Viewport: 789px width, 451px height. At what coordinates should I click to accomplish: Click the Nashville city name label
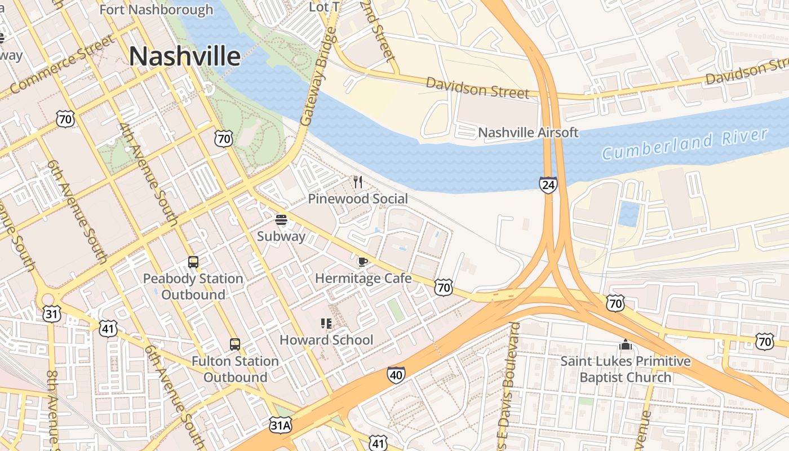[x=185, y=56]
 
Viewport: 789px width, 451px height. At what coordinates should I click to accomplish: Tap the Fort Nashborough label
[x=157, y=10]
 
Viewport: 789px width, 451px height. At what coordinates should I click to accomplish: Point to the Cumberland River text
[x=685, y=144]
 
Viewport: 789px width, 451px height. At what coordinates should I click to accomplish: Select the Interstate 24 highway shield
[x=548, y=184]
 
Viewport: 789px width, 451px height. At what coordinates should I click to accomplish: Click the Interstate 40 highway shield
[x=396, y=375]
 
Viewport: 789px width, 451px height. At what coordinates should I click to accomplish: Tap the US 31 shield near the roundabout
[x=51, y=313]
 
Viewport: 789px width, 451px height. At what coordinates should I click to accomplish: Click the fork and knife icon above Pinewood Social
[x=357, y=182]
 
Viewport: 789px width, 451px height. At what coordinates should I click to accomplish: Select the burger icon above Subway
[x=281, y=219]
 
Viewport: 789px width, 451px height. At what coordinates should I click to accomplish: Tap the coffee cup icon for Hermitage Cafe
[x=363, y=262]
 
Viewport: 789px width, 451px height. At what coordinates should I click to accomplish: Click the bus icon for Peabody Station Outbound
[x=193, y=262]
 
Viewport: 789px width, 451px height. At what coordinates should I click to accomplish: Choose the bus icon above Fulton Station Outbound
[x=235, y=344]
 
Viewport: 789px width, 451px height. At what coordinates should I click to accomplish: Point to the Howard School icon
[x=326, y=323]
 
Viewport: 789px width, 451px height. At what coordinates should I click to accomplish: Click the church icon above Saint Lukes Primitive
[x=625, y=344]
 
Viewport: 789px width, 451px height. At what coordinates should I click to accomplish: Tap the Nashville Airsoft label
[x=528, y=132]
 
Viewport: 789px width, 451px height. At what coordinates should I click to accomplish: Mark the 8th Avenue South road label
[x=52, y=409]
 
